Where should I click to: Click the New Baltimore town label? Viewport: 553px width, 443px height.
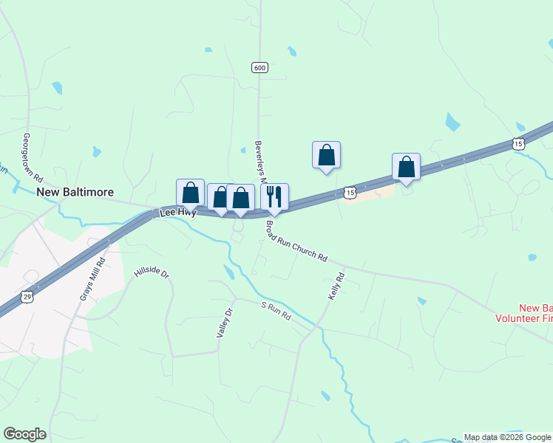[x=75, y=192]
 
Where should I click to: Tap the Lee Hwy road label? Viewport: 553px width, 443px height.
[x=178, y=213]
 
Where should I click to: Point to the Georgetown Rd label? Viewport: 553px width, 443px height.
[x=33, y=158]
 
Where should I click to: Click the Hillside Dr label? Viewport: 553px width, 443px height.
[x=152, y=273]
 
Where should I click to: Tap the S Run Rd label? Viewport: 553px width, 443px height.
[x=276, y=310]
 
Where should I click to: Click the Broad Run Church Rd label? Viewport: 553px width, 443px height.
[x=296, y=241]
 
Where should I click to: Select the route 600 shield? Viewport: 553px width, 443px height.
[x=259, y=68]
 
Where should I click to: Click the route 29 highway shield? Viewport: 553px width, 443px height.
[x=27, y=296]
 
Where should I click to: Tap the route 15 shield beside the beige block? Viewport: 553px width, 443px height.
[x=350, y=193]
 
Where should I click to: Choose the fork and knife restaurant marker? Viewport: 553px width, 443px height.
[x=274, y=196]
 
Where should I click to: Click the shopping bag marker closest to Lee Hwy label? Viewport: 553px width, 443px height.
[x=191, y=193]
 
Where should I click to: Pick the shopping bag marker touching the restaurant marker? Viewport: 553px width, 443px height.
[x=241, y=198]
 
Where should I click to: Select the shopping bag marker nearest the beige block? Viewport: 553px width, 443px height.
[x=406, y=167]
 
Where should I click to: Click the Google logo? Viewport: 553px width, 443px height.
[x=24, y=434]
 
